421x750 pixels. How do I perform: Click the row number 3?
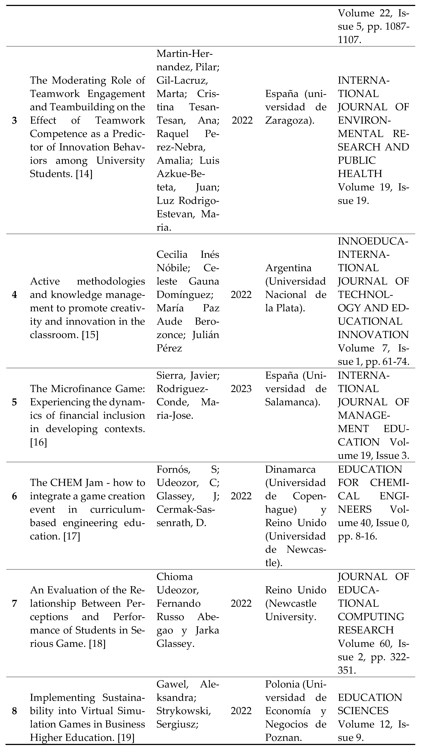pos(14,121)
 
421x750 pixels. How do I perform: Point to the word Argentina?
pos(288,268)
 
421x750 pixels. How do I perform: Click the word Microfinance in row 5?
pos(78,389)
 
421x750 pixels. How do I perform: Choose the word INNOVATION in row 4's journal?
pos(373,335)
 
